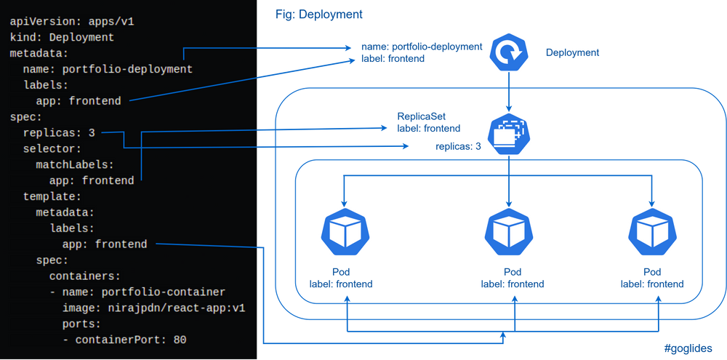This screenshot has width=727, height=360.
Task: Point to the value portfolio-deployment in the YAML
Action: [x=127, y=69]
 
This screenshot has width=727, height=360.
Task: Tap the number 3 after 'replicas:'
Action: [x=92, y=133]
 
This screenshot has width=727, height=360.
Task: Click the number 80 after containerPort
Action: [x=180, y=340]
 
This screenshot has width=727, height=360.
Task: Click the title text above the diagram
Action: [x=319, y=14]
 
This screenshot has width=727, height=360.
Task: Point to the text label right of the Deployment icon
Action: [x=573, y=52]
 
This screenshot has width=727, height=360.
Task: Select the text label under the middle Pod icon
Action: [x=512, y=278]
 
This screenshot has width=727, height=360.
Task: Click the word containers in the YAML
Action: [x=84, y=276]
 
